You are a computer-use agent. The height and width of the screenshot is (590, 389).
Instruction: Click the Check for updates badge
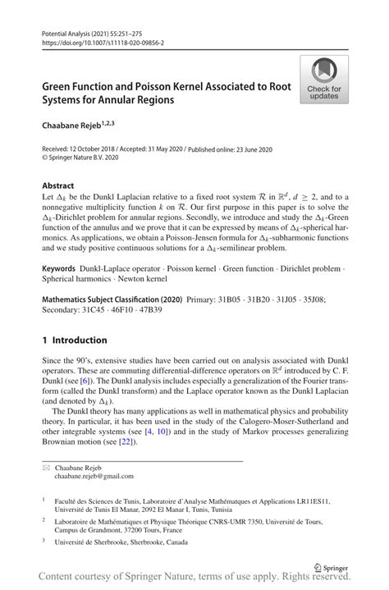[324, 80]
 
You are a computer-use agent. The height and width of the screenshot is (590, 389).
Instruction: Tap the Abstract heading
[59, 185]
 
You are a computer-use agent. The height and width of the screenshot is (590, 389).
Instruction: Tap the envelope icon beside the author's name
[46, 466]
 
